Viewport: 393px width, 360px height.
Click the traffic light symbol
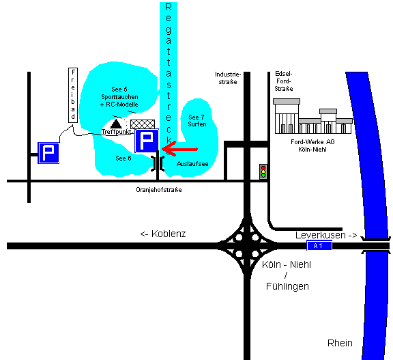click(263, 171)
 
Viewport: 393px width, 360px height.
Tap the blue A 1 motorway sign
click(319, 246)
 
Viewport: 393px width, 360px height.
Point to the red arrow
click(179, 149)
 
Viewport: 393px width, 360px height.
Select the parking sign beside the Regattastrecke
click(147, 141)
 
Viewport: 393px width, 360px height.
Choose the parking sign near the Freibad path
click(48, 153)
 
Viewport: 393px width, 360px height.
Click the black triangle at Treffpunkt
click(116, 124)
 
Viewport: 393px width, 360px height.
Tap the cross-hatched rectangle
click(143, 124)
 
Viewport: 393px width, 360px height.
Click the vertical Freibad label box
click(73, 95)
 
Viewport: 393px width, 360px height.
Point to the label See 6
click(123, 158)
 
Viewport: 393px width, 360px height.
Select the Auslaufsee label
click(192, 164)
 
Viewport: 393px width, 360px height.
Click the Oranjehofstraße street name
click(159, 190)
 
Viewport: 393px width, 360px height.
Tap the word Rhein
click(340, 343)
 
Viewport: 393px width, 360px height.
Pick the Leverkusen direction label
click(326, 235)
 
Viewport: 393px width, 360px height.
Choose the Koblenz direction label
click(163, 234)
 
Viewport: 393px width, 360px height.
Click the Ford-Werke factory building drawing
click(312, 116)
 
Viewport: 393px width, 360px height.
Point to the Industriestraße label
click(228, 78)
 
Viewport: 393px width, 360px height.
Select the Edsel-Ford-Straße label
click(284, 81)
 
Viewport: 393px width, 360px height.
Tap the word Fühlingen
click(287, 286)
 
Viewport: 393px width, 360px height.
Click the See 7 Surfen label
click(197, 121)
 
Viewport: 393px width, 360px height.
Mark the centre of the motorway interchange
click(247, 246)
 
